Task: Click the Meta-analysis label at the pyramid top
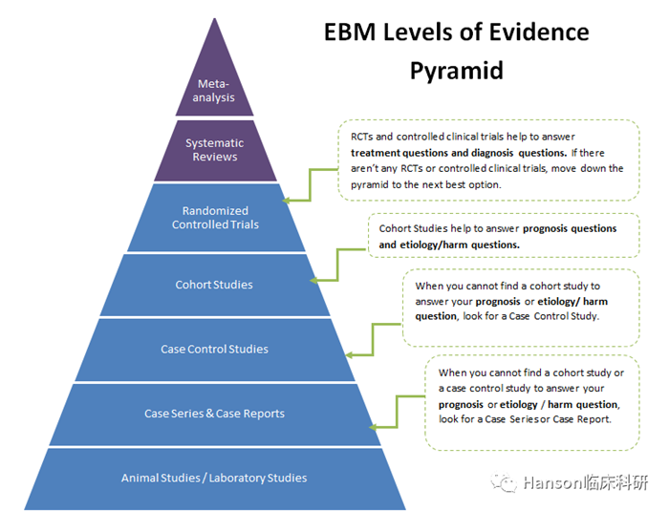(x=213, y=91)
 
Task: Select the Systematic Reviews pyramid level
(x=214, y=150)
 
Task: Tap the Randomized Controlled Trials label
(x=215, y=218)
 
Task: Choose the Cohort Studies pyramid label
(x=214, y=285)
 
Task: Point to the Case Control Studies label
(x=214, y=350)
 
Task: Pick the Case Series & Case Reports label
(x=214, y=414)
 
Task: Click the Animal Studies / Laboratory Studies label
(x=214, y=478)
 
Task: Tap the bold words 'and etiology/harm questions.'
(x=449, y=245)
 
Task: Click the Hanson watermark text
(x=582, y=483)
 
